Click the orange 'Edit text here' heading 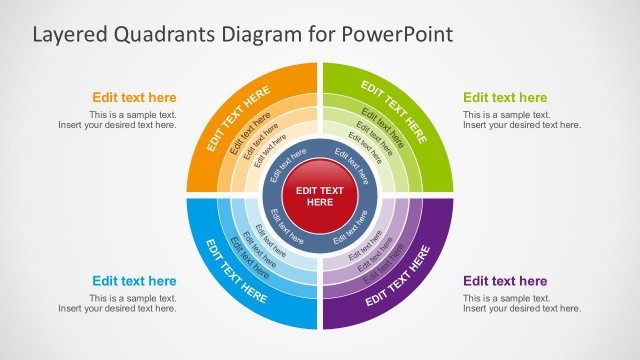[x=134, y=98]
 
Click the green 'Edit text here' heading [x=505, y=98]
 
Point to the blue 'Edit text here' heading [x=134, y=281]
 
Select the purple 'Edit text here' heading [x=505, y=281]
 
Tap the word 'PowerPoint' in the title [x=397, y=34]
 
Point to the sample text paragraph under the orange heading [x=118, y=120]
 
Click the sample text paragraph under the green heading [x=521, y=120]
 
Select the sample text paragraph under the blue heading [x=118, y=303]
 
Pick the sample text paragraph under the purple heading [x=521, y=303]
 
